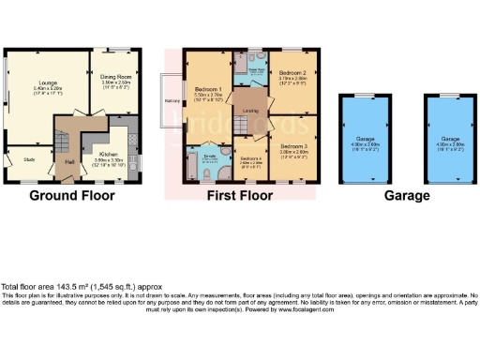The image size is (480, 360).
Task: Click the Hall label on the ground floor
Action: coord(70,161)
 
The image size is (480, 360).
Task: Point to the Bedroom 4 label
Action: coord(250,159)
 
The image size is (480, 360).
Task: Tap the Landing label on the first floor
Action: coord(250,111)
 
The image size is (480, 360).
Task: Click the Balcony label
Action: coord(172,99)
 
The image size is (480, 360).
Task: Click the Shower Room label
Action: coord(253,67)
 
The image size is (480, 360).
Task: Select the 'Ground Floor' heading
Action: coord(72,196)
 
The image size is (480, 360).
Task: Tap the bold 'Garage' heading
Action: coord(406,196)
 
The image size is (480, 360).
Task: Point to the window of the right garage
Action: coord(445,97)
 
